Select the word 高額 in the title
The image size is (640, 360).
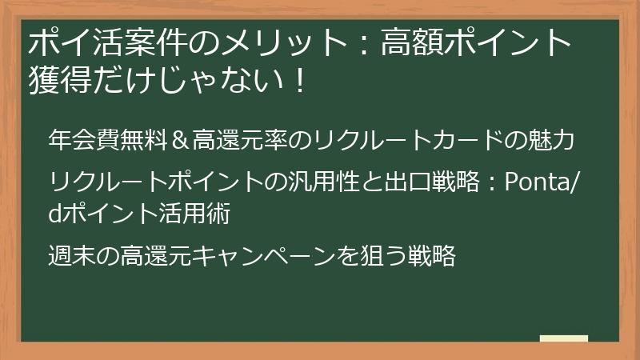pyautogui.click(x=414, y=42)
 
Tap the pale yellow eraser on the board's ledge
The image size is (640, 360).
pyautogui.click(x=563, y=338)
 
